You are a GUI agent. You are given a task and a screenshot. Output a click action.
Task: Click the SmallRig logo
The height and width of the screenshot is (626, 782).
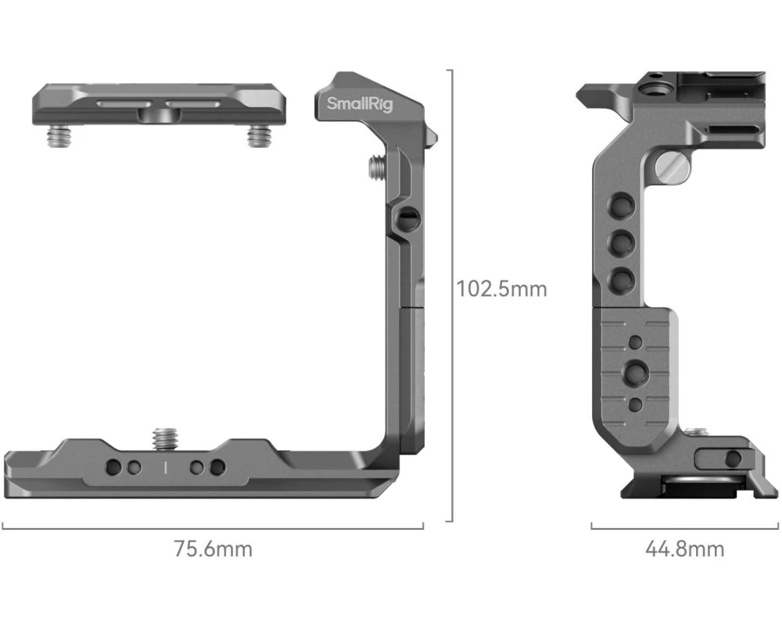pos(360,104)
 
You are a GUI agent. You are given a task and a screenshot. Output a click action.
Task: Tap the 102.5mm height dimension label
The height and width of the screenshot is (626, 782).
pos(502,289)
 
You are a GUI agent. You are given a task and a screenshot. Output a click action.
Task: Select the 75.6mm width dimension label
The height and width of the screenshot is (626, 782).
pos(213,549)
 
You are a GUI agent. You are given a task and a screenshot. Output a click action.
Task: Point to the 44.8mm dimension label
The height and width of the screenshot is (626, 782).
pos(685,549)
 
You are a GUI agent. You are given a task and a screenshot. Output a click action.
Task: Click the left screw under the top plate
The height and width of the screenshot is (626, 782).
pos(59,136)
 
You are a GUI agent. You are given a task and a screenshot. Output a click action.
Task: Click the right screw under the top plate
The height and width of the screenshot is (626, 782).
pos(260,136)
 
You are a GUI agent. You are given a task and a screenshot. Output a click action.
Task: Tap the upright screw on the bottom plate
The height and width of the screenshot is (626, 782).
pos(166,437)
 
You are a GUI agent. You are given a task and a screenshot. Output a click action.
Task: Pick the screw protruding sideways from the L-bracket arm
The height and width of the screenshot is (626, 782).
pos(378,167)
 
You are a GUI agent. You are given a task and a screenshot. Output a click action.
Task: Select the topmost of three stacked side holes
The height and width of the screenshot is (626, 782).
pos(622,205)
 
